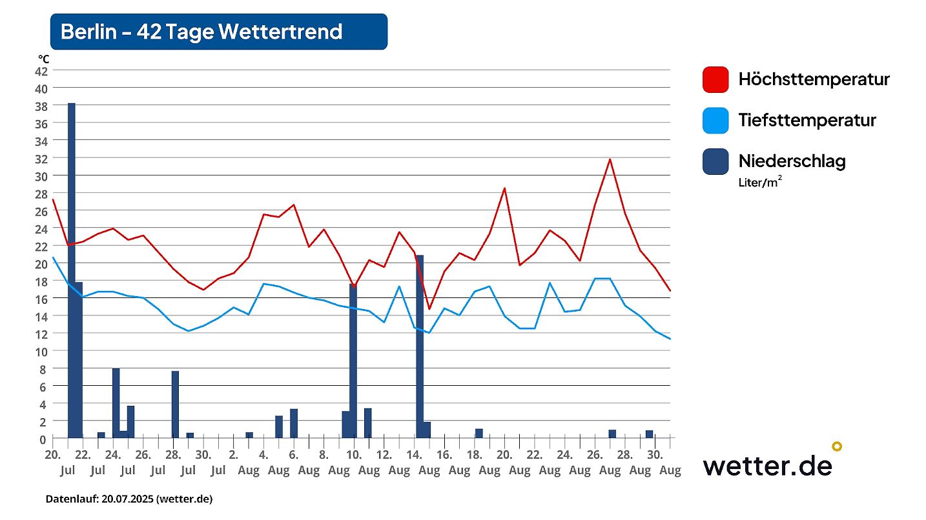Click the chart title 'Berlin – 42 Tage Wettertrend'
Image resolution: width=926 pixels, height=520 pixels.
coord(201,32)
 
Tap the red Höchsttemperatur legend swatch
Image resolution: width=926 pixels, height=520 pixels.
coord(715,79)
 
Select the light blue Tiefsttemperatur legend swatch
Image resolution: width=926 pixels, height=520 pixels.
coord(715,120)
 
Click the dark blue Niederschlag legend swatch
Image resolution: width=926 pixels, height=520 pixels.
coord(715,161)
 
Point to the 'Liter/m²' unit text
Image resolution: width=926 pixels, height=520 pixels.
coord(761,183)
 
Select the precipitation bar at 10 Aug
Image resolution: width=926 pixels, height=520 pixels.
coord(353,361)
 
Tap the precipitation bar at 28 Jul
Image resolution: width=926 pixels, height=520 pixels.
coord(175,405)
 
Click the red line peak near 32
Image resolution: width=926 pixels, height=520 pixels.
coord(609,159)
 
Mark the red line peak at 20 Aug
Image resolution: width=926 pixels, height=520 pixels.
coord(504,188)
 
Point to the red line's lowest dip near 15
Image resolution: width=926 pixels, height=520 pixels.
coord(429,309)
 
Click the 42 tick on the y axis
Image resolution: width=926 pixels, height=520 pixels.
coord(41,70)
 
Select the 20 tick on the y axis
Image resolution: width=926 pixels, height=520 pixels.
coord(41,263)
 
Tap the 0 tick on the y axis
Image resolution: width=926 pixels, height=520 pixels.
coord(43,439)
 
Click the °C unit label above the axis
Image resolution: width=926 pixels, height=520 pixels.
coord(43,59)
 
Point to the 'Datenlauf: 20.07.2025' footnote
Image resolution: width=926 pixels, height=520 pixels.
coord(129,499)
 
